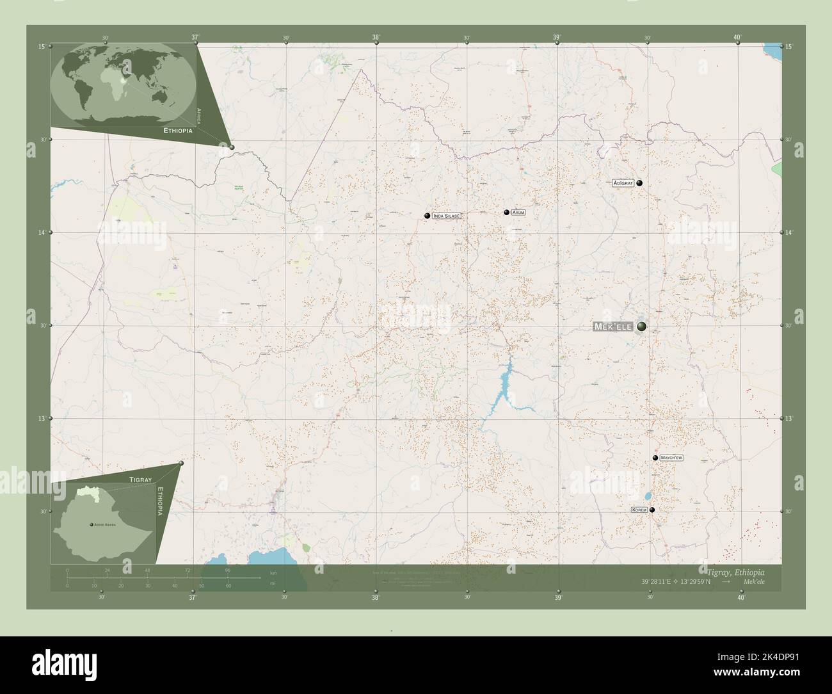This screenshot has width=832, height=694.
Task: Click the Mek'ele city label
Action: pyautogui.click(x=613, y=327)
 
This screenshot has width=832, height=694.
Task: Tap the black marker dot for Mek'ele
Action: pyautogui.click(x=641, y=327)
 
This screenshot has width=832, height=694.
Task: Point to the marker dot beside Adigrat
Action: pyautogui.click(x=639, y=183)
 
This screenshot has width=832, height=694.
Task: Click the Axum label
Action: pyautogui.click(x=518, y=212)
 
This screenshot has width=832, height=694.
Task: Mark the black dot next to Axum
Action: pyautogui.click(x=506, y=212)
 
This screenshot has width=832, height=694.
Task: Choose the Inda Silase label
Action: pyautogui.click(x=447, y=216)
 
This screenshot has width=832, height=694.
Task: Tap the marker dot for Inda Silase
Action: pyautogui.click(x=427, y=216)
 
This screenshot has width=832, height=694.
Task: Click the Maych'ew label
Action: pyautogui.click(x=671, y=458)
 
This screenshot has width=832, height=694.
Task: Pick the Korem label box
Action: pyautogui.click(x=639, y=510)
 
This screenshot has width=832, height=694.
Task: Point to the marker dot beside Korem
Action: pyautogui.click(x=652, y=510)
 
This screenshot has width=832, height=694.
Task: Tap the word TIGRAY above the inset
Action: pyautogui.click(x=140, y=480)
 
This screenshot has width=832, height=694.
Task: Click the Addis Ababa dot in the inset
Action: pyautogui.click(x=92, y=524)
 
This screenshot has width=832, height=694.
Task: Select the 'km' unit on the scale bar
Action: pyautogui.click(x=273, y=572)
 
